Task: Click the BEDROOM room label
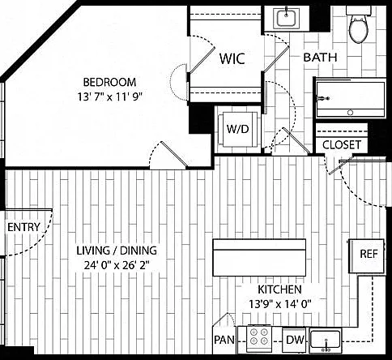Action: coord(109,82)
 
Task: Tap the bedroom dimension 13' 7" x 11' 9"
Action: coord(110,96)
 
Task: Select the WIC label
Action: coord(232,58)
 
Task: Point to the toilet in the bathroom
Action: coord(359,25)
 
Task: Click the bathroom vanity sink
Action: coord(286,18)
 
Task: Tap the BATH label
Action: coord(320,58)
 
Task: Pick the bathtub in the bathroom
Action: coord(351,99)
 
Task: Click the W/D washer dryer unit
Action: coord(237,129)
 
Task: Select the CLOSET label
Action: coord(342,145)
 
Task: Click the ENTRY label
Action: coord(23,227)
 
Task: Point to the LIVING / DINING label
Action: coord(117,251)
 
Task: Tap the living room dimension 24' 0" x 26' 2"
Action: coord(117,266)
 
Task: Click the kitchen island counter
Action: coord(259,258)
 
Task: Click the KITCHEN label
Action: coord(279,289)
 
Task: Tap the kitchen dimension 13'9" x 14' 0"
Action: coord(280,305)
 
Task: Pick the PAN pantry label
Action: coord(224,340)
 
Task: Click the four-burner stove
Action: coord(259,339)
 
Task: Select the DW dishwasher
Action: coord(295,340)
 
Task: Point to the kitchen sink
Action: coord(326,340)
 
